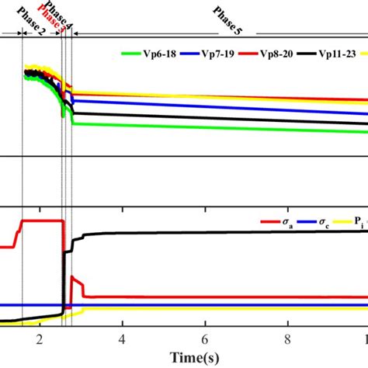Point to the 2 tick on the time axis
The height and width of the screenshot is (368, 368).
(40, 339)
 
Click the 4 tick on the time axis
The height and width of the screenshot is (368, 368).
(123, 339)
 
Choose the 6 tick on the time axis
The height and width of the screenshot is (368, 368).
(205, 339)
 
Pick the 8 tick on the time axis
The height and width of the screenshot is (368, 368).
(287, 339)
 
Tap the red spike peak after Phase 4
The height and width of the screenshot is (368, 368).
(71, 277)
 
